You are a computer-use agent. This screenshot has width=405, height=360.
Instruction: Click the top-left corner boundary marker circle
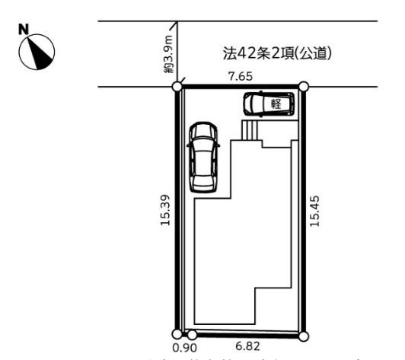(x=177, y=88)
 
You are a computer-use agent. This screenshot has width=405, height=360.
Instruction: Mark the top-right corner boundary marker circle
(x=303, y=88)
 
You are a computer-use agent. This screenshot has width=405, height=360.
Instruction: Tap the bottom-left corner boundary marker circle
(x=177, y=333)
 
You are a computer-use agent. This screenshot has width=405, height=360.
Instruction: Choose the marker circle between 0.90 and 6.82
(x=192, y=334)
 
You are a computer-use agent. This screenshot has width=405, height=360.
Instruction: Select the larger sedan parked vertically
(x=203, y=156)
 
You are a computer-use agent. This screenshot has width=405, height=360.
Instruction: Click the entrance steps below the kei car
(x=250, y=131)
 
